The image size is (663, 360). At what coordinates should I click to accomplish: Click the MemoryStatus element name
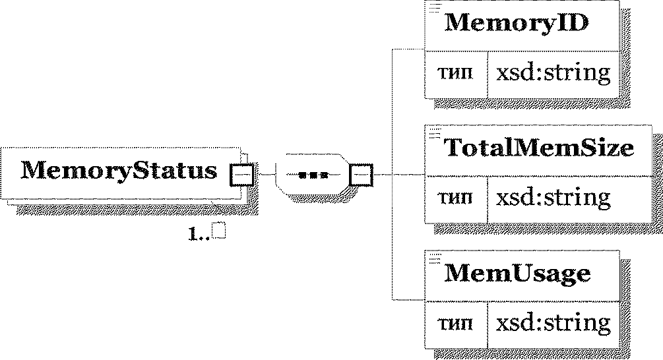(119, 171)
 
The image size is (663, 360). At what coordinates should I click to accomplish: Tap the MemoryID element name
(517, 22)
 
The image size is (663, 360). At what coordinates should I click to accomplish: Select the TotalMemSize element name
(539, 148)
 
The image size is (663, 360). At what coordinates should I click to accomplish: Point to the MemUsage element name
(517, 274)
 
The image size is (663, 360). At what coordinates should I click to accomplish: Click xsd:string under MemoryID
(553, 73)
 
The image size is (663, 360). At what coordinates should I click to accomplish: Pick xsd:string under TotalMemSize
(553, 197)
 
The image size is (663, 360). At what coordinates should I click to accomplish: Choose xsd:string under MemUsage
(553, 323)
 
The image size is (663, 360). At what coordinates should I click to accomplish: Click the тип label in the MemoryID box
(455, 73)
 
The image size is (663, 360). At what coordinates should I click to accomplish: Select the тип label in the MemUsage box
(455, 324)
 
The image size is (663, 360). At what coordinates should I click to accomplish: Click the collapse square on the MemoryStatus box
(241, 175)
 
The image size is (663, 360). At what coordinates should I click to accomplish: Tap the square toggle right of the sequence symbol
(362, 175)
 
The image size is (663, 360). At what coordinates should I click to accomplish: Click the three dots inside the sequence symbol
(313, 175)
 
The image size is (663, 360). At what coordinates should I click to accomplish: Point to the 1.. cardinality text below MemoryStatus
(199, 233)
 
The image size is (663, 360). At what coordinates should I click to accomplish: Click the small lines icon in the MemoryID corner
(435, 8)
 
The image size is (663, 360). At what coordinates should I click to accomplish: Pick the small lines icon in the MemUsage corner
(435, 258)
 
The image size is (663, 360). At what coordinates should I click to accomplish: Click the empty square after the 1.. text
(219, 230)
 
